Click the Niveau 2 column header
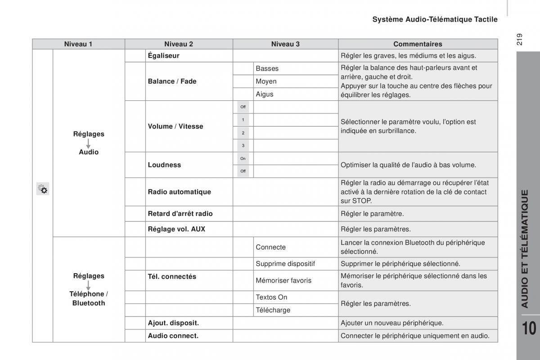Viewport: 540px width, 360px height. pyautogui.click(x=179, y=44)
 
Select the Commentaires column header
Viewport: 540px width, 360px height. pyautogui.click(x=418, y=44)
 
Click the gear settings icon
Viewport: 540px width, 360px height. pyautogui.click(x=43, y=189)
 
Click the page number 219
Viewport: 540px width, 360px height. pyautogui.click(x=519, y=40)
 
